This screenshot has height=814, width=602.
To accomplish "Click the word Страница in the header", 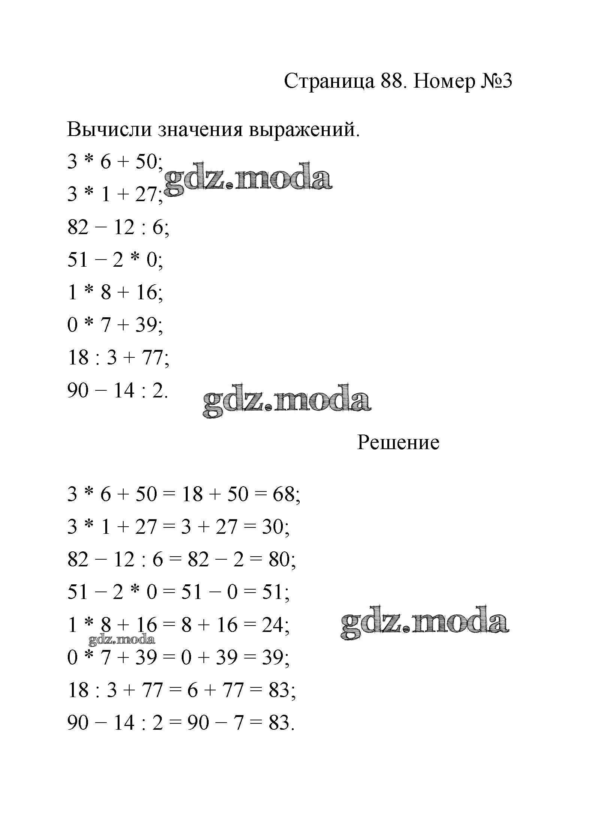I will (329, 81).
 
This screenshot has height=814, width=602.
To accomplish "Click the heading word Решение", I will (398, 442).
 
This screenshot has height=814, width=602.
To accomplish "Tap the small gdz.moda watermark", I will (122, 639).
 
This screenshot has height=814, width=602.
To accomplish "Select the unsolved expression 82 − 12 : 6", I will (118, 227).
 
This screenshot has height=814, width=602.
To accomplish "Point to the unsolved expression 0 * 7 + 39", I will (115, 325).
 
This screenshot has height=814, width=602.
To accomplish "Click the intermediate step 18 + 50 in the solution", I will (215, 494).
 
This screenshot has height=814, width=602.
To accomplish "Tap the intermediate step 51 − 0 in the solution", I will (209, 592).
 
